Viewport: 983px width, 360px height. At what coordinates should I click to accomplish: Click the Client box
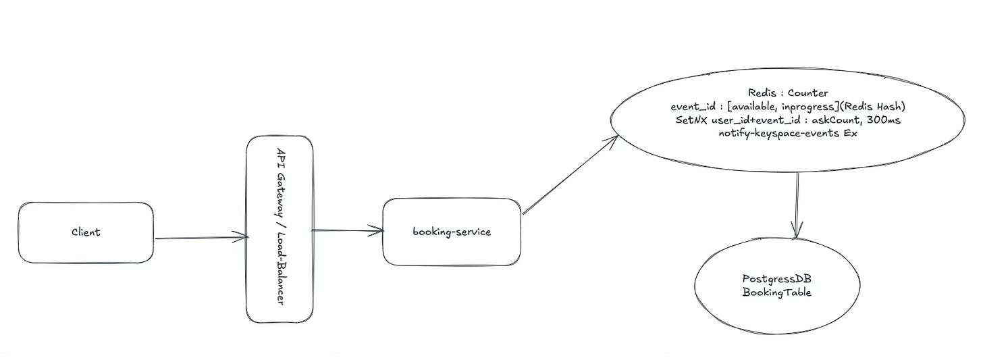86,232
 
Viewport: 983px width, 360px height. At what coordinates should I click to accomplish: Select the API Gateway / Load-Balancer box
280,228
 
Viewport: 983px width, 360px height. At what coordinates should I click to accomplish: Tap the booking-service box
452,232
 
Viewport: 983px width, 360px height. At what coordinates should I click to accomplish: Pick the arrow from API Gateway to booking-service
348,230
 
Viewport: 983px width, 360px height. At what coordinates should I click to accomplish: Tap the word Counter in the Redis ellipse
809,93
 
